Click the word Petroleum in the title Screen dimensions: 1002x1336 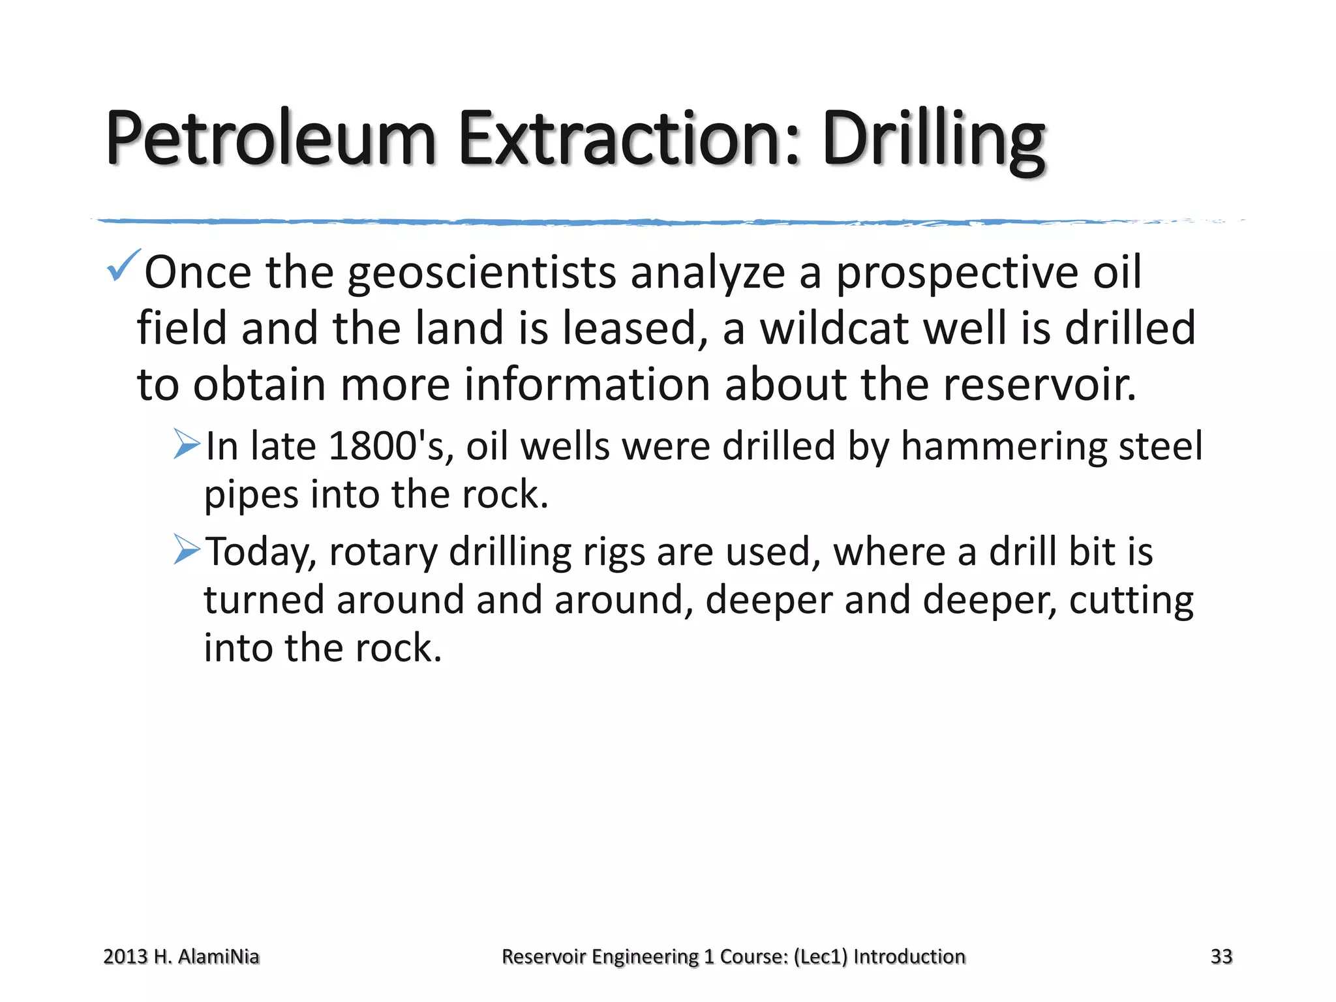pyautogui.click(x=270, y=138)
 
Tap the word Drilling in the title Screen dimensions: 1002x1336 pyautogui.click(x=933, y=138)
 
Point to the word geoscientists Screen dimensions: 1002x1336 pyautogui.click(x=481, y=273)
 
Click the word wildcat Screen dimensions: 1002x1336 pyautogui.click(x=834, y=328)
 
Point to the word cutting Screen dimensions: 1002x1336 pyautogui.click(x=1131, y=601)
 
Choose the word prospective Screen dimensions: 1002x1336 pyautogui.click(x=957, y=273)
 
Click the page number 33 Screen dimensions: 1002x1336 pyautogui.click(x=1221, y=956)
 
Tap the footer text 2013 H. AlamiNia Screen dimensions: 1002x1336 pyautogui.click(x=181, y=956)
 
